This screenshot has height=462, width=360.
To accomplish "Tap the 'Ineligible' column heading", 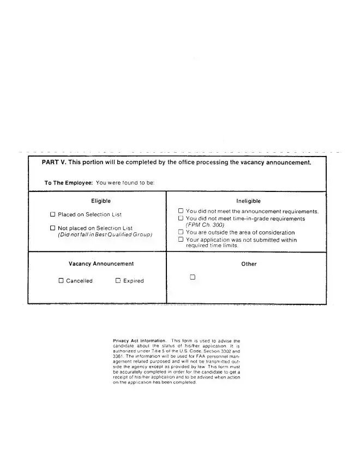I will point(249,201).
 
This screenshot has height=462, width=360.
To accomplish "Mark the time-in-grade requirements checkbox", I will point(181,218).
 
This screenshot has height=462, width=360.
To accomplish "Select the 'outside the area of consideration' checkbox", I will point(181,232).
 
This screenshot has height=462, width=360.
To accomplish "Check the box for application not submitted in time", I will point(181,239).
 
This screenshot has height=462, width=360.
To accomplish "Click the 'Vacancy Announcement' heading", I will point(101,264).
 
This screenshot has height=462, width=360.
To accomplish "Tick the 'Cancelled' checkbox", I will point(61,281).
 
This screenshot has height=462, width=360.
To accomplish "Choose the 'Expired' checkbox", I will point(118,281).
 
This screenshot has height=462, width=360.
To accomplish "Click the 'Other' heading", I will point(249,264).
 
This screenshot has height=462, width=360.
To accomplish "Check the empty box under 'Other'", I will point(193,277).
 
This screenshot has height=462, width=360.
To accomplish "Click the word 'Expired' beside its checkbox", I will point(134,281).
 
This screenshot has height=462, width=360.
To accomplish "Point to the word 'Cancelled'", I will point(80,281).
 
